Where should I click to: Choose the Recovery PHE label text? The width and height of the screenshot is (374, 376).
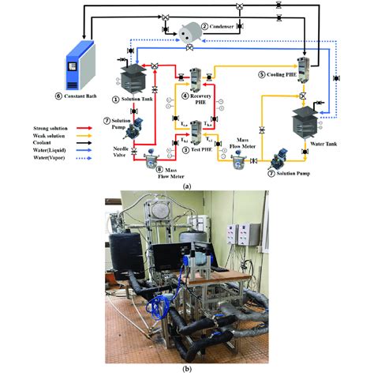click(195, 100)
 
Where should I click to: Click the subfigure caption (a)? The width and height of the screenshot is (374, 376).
click(186, 184)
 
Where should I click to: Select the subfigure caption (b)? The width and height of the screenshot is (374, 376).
click(186, 370)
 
